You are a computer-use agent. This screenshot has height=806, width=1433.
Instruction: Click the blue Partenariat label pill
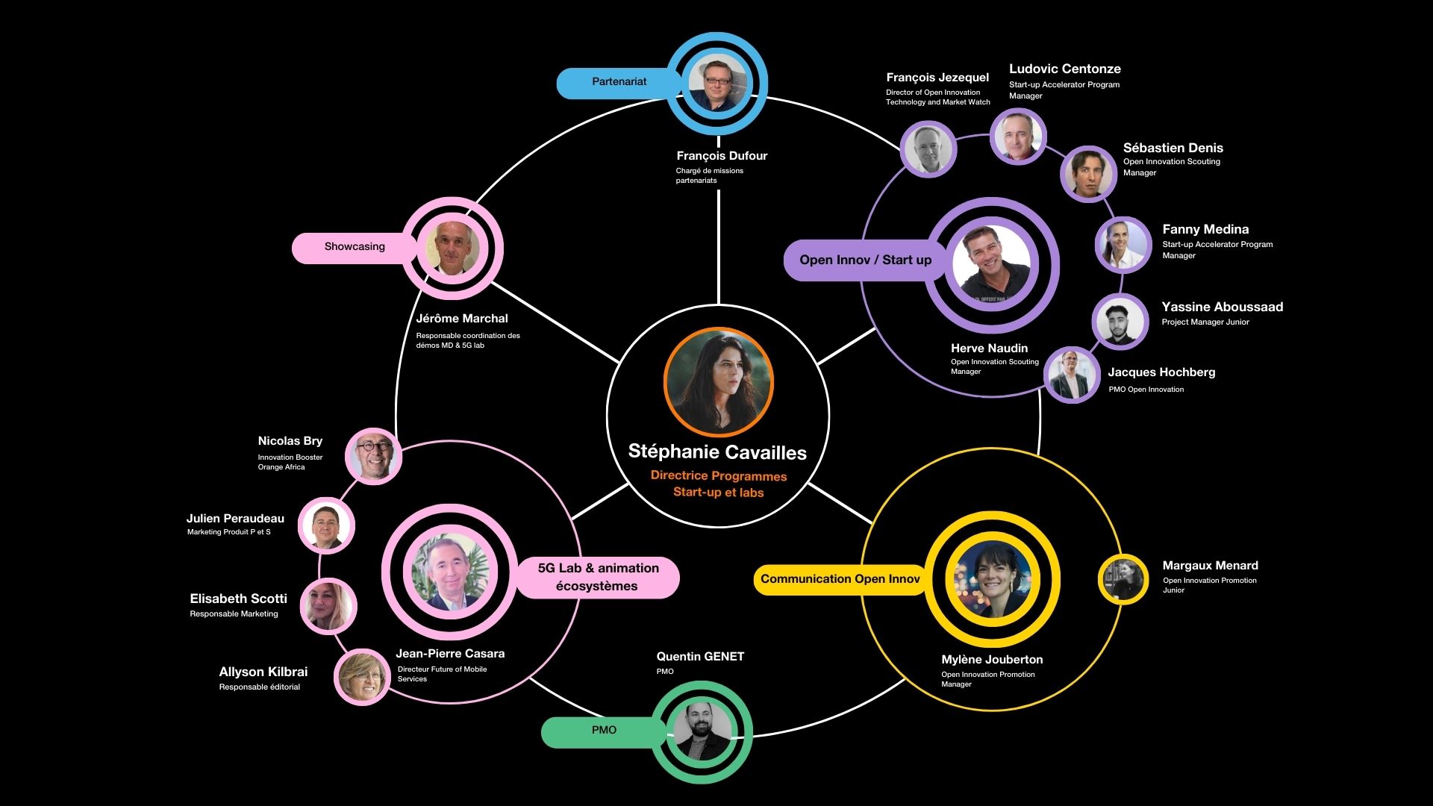click(x=617, y=82)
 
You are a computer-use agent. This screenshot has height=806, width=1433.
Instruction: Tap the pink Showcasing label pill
click(x=354, y=247)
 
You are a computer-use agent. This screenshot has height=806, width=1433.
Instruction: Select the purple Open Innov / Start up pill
click(x=864, y=260)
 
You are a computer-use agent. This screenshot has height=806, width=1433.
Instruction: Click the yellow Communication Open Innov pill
click(x=840, y=579)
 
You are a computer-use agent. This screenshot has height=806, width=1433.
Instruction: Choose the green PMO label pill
click(x=603, y=731)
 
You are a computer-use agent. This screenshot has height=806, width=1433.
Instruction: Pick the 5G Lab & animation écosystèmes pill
click(x=598, y=578)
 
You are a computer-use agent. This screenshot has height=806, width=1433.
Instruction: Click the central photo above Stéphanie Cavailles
click(x=718, y=382)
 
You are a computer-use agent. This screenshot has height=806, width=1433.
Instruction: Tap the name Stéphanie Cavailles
click(x=717, y=452)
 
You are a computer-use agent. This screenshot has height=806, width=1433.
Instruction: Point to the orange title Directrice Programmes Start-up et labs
click(x=718, y=484)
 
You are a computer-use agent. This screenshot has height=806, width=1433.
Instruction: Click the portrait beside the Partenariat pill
click(x=717, y=83)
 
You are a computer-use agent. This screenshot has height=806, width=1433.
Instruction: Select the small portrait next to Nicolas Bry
click(x=373, y=455)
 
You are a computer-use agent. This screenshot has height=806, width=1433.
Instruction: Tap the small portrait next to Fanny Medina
click(x=1122, y=244)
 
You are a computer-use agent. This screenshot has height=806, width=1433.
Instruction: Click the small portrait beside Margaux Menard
click(x=1123, y=579)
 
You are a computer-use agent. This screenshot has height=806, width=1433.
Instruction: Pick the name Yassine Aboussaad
click(x=1222, y=307)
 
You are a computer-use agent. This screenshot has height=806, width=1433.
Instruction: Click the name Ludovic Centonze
click(x=1064, y=69)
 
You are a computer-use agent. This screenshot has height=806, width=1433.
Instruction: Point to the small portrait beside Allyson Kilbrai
click(x=362, y=677)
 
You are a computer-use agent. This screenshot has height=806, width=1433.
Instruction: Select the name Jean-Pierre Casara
click(x=450, y=654)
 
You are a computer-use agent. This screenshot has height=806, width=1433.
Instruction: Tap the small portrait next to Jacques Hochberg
click(x=1072, y=375)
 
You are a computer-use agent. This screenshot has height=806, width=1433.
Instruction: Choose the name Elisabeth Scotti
click(x=238, y=599)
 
